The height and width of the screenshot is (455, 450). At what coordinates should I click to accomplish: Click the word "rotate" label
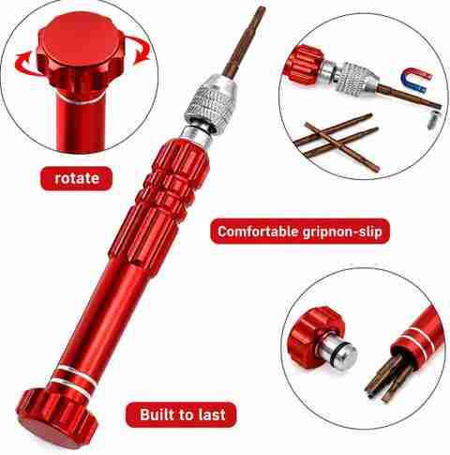(76, 178)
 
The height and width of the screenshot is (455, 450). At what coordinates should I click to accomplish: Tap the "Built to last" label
(181, 415)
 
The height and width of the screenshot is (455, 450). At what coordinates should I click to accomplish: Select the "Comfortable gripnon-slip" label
(300, 232)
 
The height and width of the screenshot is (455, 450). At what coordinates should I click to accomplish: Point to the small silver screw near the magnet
(432, 119)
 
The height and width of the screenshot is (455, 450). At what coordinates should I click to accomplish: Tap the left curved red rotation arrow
(25, 63)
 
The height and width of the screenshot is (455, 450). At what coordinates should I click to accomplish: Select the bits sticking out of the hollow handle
(385, 378)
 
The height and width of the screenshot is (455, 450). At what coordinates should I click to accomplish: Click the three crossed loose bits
(337, 140)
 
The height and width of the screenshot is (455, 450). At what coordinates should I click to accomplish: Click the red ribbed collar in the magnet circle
(304, 65)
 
